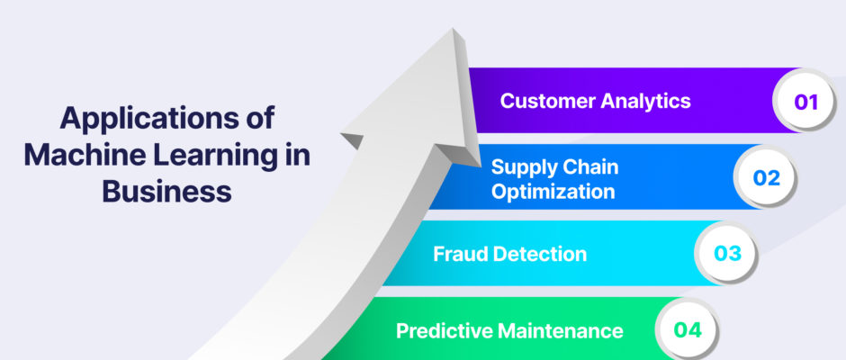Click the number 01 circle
coord(805,102)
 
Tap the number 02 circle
coord(766,177)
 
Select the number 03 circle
coord(727,254)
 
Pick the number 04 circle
coord(688,329)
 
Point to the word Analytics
coord(645,102)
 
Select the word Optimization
coord(553,192)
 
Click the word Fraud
coord(460,254)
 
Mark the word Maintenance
coord(561,330)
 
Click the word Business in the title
coord(167,191)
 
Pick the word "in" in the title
coord(299,155)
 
